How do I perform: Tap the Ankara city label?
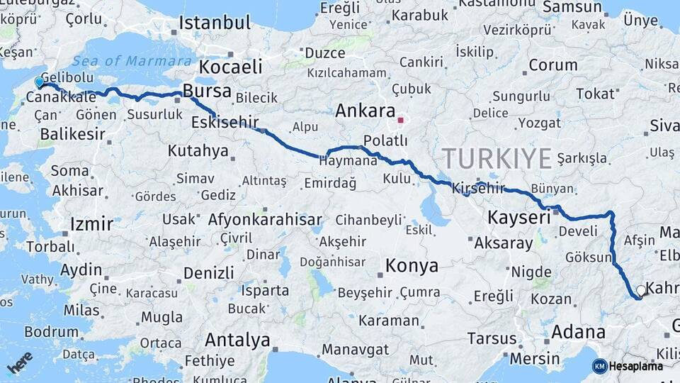click(x=365, y=111)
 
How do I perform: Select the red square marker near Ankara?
click(x=400, y=120)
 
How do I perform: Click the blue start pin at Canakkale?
click(x=39, y=82)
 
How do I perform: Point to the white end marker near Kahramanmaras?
click(x=641, y=290)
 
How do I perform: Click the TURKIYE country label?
click(x=497, y=158)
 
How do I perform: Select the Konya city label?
click(x=412, y=266)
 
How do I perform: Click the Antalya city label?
click(x=237, y=340)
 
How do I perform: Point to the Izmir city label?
click(x=91, y=225)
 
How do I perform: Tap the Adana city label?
click(x=578, y=332)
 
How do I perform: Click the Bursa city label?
click(x=207, y=91)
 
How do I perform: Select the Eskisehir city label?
click(x=225, y=122)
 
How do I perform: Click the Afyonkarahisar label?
click(x=265, y=220)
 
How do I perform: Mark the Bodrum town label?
click(x=51, y=332)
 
